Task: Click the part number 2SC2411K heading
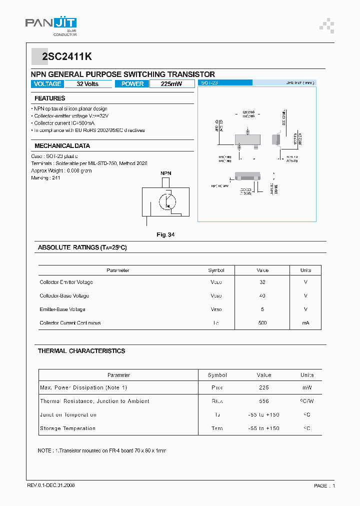tap(66, 57)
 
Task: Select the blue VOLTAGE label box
tap(47, 84)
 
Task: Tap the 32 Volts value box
tap(87, 84)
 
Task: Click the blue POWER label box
tap(132, 84)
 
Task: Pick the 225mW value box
tap(171, 84)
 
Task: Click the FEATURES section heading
tap(50, 98)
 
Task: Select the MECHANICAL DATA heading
tap(62, 146)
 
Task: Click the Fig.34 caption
tap(165, 234)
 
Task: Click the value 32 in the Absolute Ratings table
tap(262, 282)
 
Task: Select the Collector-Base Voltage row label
tap(64, 296)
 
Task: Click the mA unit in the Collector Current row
tap(305, 323)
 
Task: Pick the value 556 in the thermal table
tap(263, 401)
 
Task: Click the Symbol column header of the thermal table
tap(217, 375)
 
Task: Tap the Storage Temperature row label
tap(67, 428)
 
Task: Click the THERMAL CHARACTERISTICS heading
tap(81, 351)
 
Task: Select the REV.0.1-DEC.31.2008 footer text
tap(51, 485)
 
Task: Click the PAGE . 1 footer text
tap(324, 485)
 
